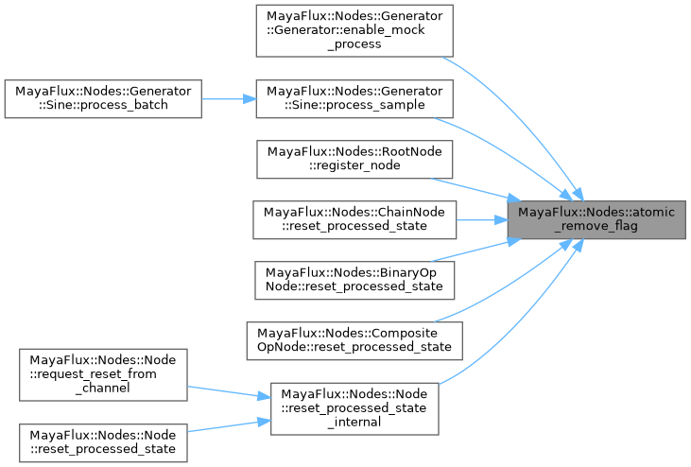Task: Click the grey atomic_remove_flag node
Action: tap(596, 218)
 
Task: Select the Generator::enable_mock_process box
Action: tap(355, 29)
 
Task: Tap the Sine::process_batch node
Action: tap(103, 97)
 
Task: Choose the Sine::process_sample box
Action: tap(355, 97)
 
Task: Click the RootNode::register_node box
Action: tap(355, 158)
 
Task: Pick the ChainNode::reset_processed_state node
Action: tap(355, 218)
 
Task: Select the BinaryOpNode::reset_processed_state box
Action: tap(355, 279)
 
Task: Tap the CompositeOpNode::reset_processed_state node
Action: tap(355, 339)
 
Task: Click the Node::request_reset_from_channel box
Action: tap(103, 373)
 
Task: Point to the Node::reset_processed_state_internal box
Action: tap(355, 407)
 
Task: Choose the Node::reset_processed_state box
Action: tap(103, 441)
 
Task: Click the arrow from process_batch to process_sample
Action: tap(228, 97)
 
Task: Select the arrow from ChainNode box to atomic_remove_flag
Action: tap(482, 218)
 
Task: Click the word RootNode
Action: tap(416, 150)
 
